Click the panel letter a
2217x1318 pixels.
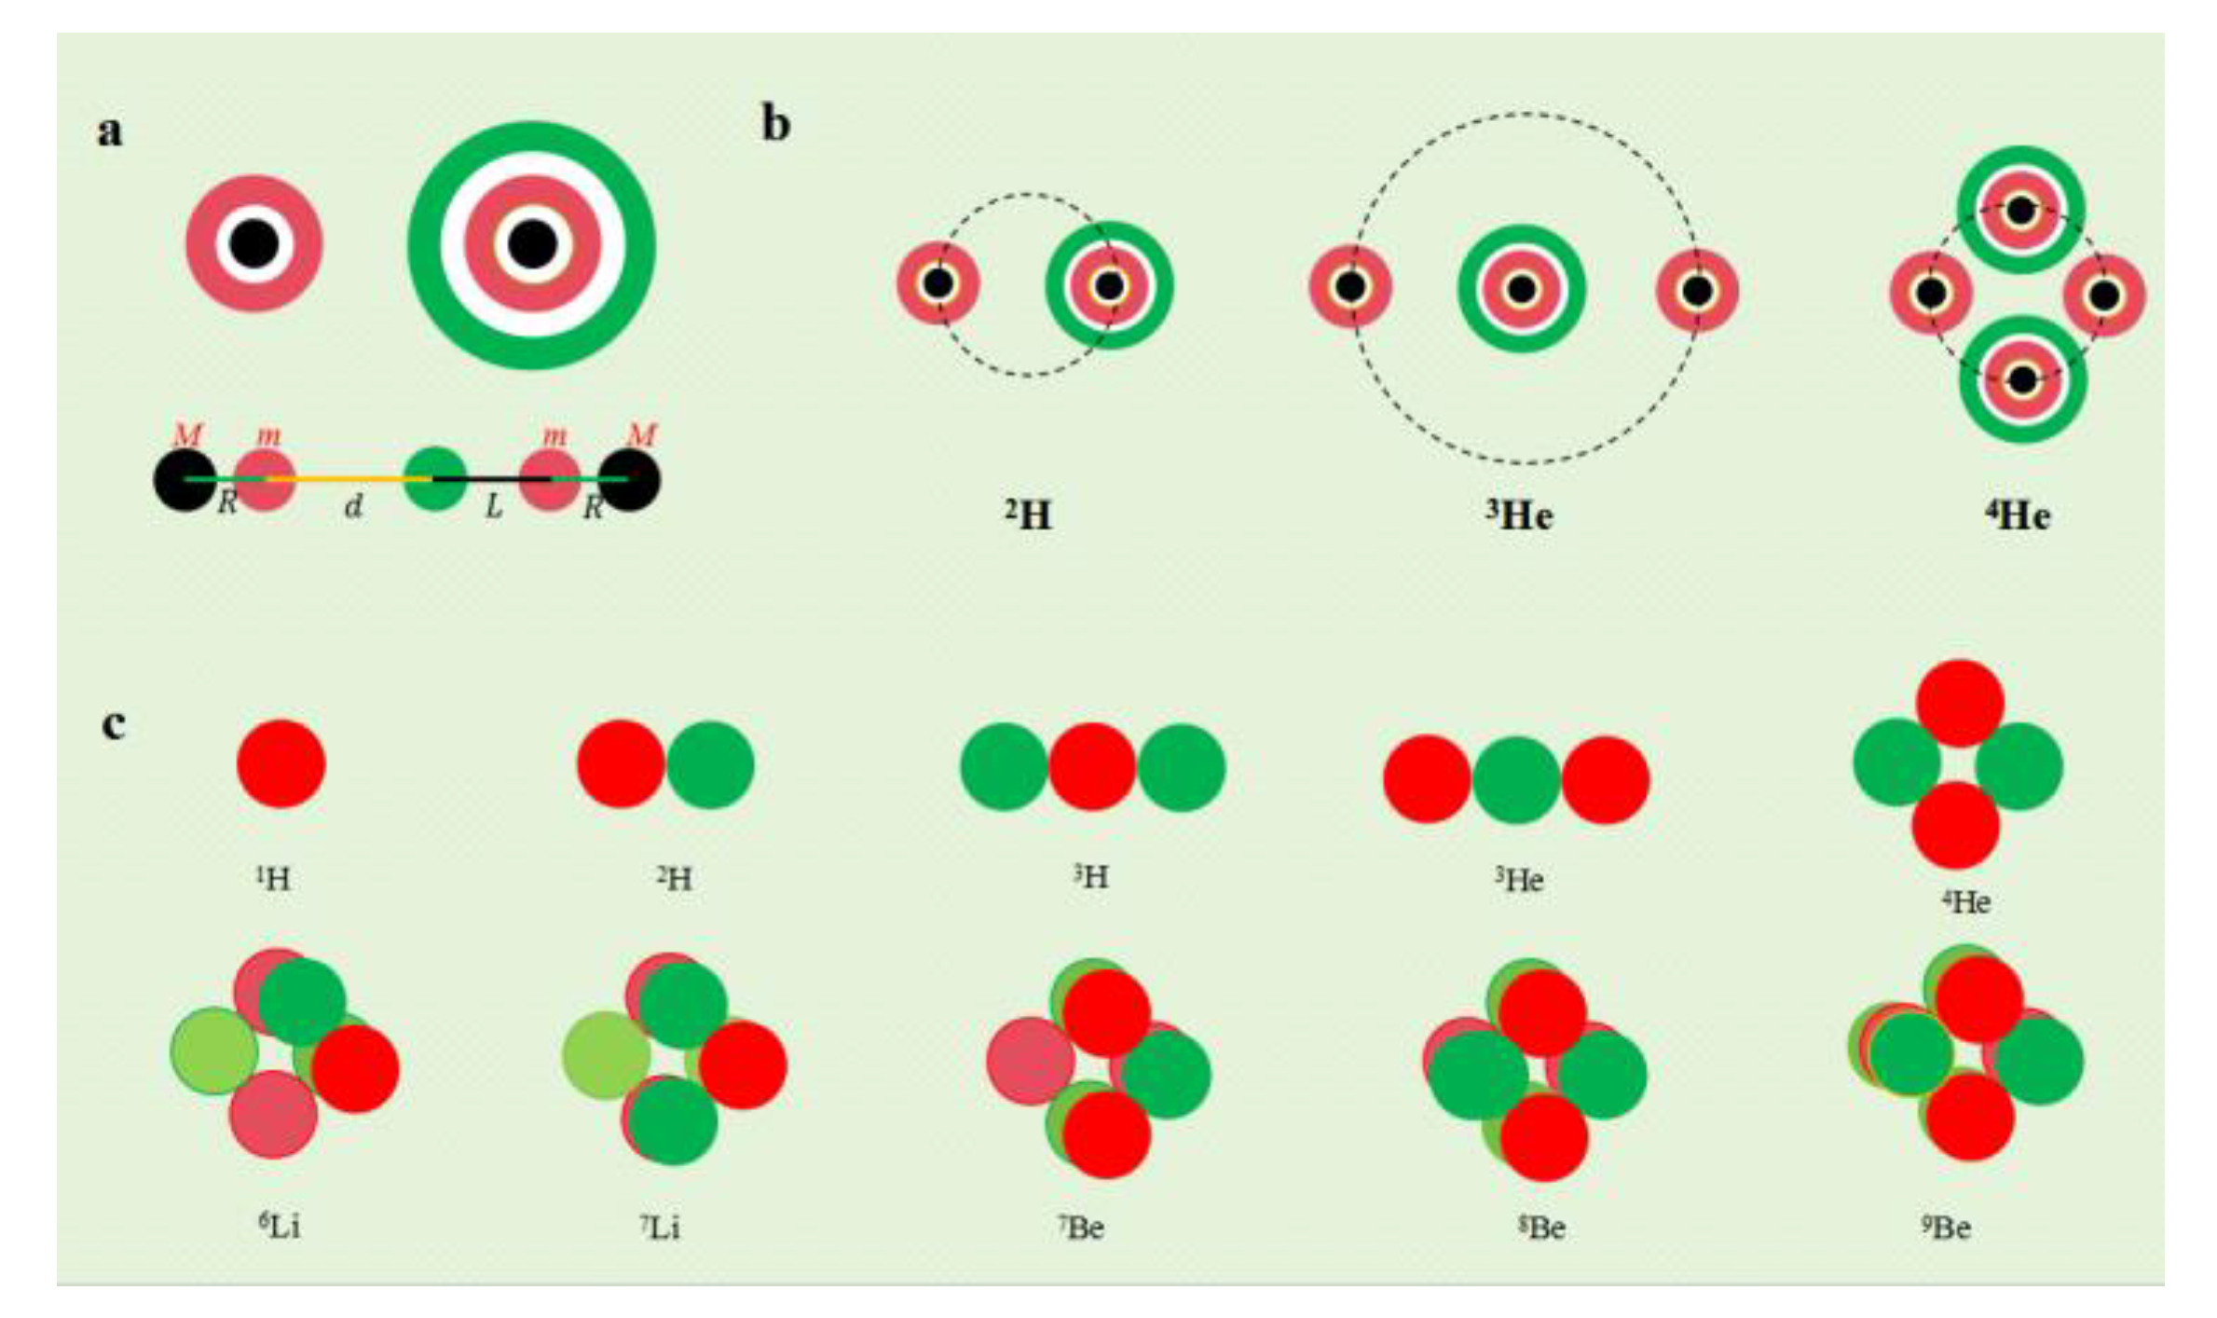coord(110,131)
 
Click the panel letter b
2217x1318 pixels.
coord(775,125)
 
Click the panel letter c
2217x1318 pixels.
coord(113,724)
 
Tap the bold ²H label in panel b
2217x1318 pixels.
coord(1028,515)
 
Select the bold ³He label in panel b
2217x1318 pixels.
coord(1519,515)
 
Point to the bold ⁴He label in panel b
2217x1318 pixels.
coord(2018,515)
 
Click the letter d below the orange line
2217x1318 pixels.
coord(353,507)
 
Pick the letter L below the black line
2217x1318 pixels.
coord(493,507)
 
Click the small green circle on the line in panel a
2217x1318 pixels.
coord(434,478)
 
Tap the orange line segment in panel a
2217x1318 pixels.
coord(349,478)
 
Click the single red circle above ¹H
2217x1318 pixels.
coord(281,763)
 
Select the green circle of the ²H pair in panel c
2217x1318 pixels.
coord(710,764)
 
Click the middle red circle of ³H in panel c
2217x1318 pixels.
coord(1092,766)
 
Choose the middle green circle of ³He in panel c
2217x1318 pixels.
coord(1516,779)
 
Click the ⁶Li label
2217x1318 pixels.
coord(280,1226)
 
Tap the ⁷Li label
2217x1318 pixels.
coord(660,1227)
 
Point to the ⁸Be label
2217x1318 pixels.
coord(1541,1228)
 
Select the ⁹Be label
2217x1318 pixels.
coord(1946,1227)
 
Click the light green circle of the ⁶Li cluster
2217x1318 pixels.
coord(214,1050)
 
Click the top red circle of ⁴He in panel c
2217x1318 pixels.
coord(1960,704)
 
